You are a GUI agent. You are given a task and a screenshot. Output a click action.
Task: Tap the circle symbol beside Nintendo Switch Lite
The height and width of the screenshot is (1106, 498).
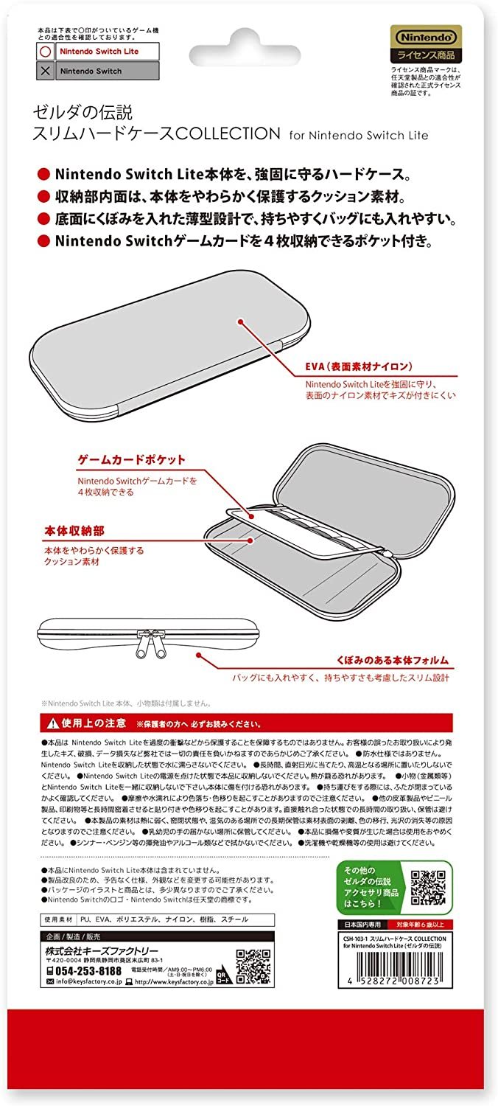[x=46, y=52]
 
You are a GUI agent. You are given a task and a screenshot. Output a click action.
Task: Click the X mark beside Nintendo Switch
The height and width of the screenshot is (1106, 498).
[x=46, y=72]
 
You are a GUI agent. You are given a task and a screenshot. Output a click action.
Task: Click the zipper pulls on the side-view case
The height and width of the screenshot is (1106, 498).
[x=147, y=641]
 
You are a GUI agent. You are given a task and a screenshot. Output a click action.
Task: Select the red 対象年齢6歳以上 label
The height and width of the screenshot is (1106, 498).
[x=425, y=924]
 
